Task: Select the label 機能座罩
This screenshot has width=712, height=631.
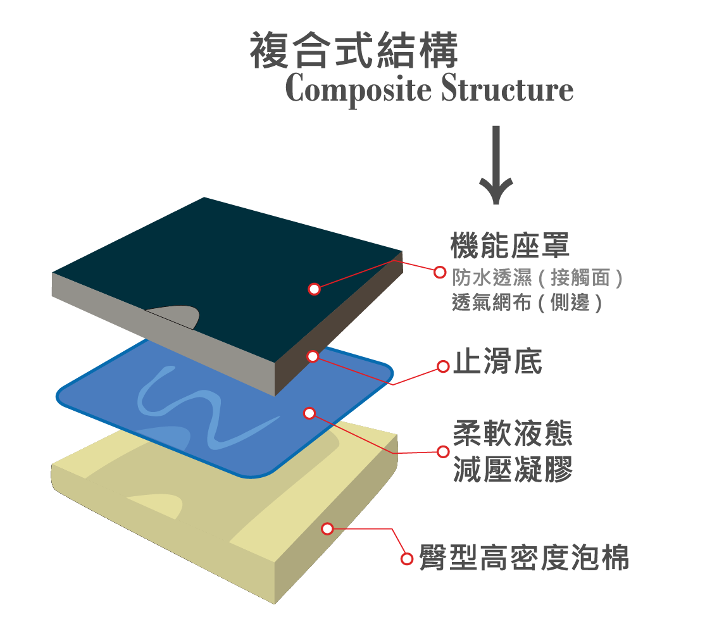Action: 509,246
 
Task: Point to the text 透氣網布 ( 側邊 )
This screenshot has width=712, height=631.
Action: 527,303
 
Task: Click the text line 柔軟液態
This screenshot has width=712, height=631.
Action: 513,435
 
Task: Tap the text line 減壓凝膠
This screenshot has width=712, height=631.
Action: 513,470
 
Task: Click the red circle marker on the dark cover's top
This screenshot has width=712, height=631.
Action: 314,289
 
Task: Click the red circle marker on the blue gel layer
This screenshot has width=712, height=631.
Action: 309,413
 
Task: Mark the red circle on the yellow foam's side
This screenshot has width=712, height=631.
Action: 327,528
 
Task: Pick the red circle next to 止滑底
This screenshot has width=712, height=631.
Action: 443,366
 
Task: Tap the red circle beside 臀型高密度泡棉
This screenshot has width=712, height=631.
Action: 408,559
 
